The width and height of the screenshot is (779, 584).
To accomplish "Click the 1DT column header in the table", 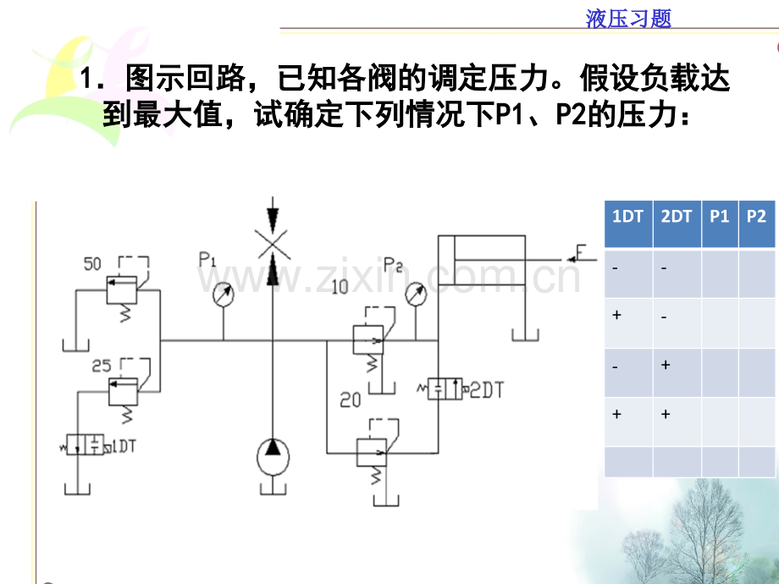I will [627, 216].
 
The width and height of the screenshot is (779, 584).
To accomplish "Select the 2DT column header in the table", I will [677, 216].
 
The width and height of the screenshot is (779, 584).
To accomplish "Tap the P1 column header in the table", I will [720, 216].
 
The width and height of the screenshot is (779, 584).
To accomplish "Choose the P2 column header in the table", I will [757, 216].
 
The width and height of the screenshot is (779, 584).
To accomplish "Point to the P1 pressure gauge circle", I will [223, 294].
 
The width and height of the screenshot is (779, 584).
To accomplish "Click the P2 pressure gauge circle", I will [415, 294].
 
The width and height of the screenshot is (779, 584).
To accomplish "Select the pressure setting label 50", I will [94, 263].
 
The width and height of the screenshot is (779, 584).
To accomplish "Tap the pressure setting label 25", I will [102, 366].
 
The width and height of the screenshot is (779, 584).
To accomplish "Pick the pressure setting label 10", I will [340, 288].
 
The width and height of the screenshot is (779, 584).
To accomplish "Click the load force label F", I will [583, 251].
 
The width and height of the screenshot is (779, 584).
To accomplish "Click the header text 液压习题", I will [628, 19].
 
